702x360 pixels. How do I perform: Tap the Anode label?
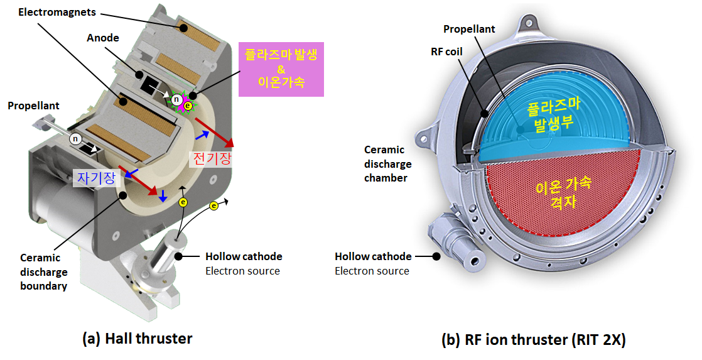(103, 38)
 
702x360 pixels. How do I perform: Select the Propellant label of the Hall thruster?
(33, 106)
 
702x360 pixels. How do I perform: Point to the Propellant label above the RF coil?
(469, 29)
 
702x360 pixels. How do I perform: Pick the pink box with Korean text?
(281, 68)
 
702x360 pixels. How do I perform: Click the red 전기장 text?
(210, 159)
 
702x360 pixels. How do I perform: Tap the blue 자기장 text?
(97, 178)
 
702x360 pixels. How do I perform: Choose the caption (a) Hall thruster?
(137, 339)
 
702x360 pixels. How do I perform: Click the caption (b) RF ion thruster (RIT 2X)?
(533, 339)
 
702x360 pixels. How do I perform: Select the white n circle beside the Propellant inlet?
(75, 139)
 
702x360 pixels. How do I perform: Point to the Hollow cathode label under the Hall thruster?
(244, 256)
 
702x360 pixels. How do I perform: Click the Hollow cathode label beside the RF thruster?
(373, 256)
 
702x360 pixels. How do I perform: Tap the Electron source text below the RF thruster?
(372, 271)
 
